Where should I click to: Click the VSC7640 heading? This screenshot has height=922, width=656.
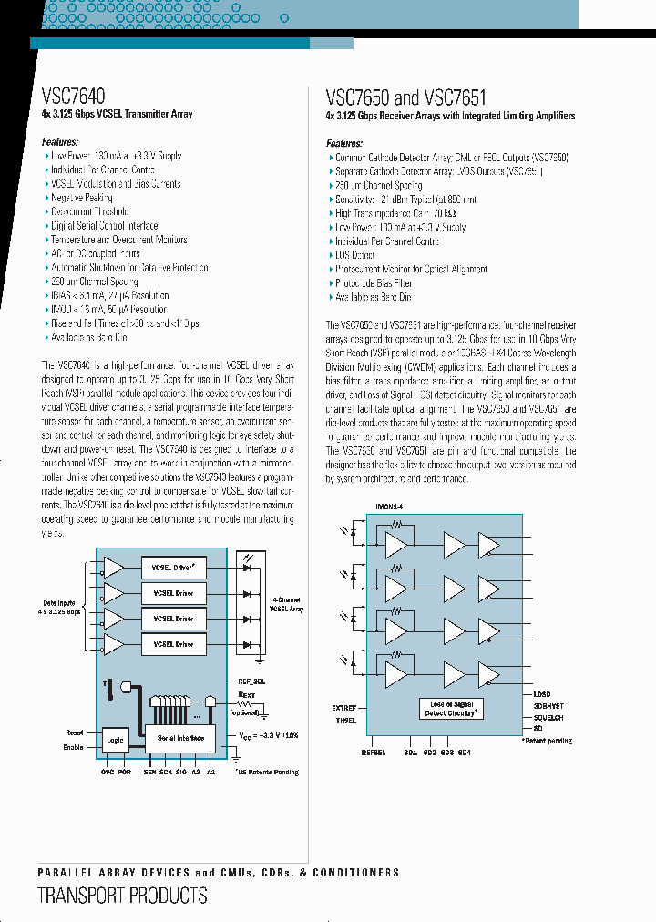(74, 96)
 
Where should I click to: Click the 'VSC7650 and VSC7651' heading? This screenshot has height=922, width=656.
(405, 97)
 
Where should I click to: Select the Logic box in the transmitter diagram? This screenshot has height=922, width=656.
(115, 741)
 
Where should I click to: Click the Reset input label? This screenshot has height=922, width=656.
(75, 732)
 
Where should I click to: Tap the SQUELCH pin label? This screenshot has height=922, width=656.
(550, 717)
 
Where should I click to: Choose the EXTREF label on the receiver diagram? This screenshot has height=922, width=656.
(344, 707)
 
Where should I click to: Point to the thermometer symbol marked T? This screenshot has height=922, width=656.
(108, 693)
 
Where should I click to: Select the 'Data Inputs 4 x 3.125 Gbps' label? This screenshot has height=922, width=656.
(59, 608)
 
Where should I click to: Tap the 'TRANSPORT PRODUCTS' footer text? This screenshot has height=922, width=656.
(122, 896)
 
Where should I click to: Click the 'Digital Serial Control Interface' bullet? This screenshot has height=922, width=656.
(104, 226)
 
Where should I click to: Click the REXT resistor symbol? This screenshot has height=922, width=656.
(243, 703)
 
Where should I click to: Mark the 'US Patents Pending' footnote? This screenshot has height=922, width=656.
(266, 772)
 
